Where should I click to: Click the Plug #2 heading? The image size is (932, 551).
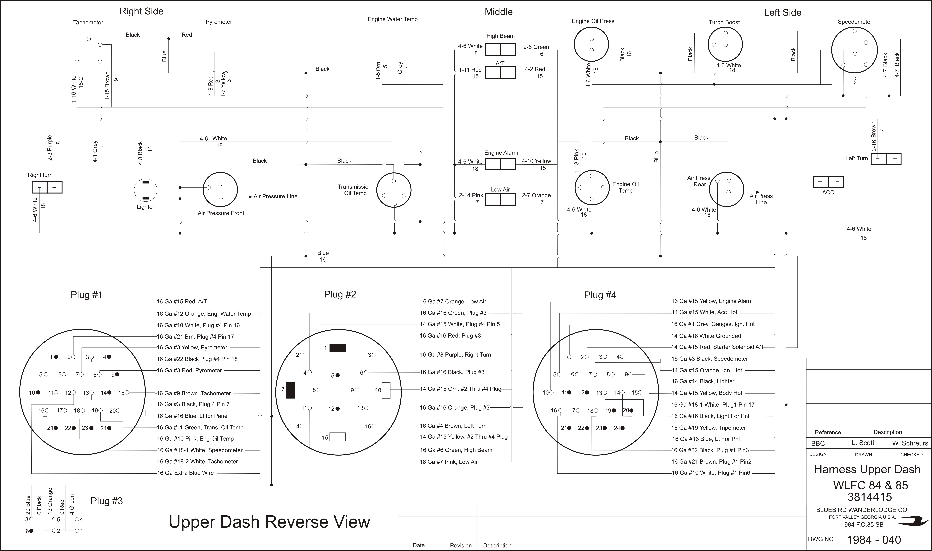point(340,294)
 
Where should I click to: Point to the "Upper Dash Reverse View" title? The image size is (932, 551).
point(269,522)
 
